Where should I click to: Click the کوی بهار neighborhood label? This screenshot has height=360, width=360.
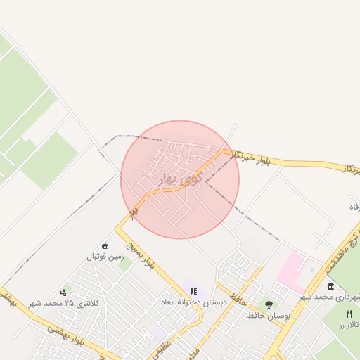(179, 179)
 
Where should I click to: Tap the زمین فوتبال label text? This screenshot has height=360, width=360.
(105, 257)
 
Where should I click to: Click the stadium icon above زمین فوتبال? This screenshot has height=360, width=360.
(105, 245)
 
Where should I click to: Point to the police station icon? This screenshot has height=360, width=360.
(65, 292)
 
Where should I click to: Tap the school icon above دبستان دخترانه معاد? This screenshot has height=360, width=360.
(193, 291)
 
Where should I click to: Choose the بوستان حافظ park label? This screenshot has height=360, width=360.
(269, 316)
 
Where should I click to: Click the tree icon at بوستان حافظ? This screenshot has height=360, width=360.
(269, 304)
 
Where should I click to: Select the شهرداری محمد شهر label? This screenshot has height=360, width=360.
(331, 297)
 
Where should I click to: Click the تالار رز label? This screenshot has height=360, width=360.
(347, 326)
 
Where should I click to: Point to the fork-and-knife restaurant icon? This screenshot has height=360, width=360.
(348, 314)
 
